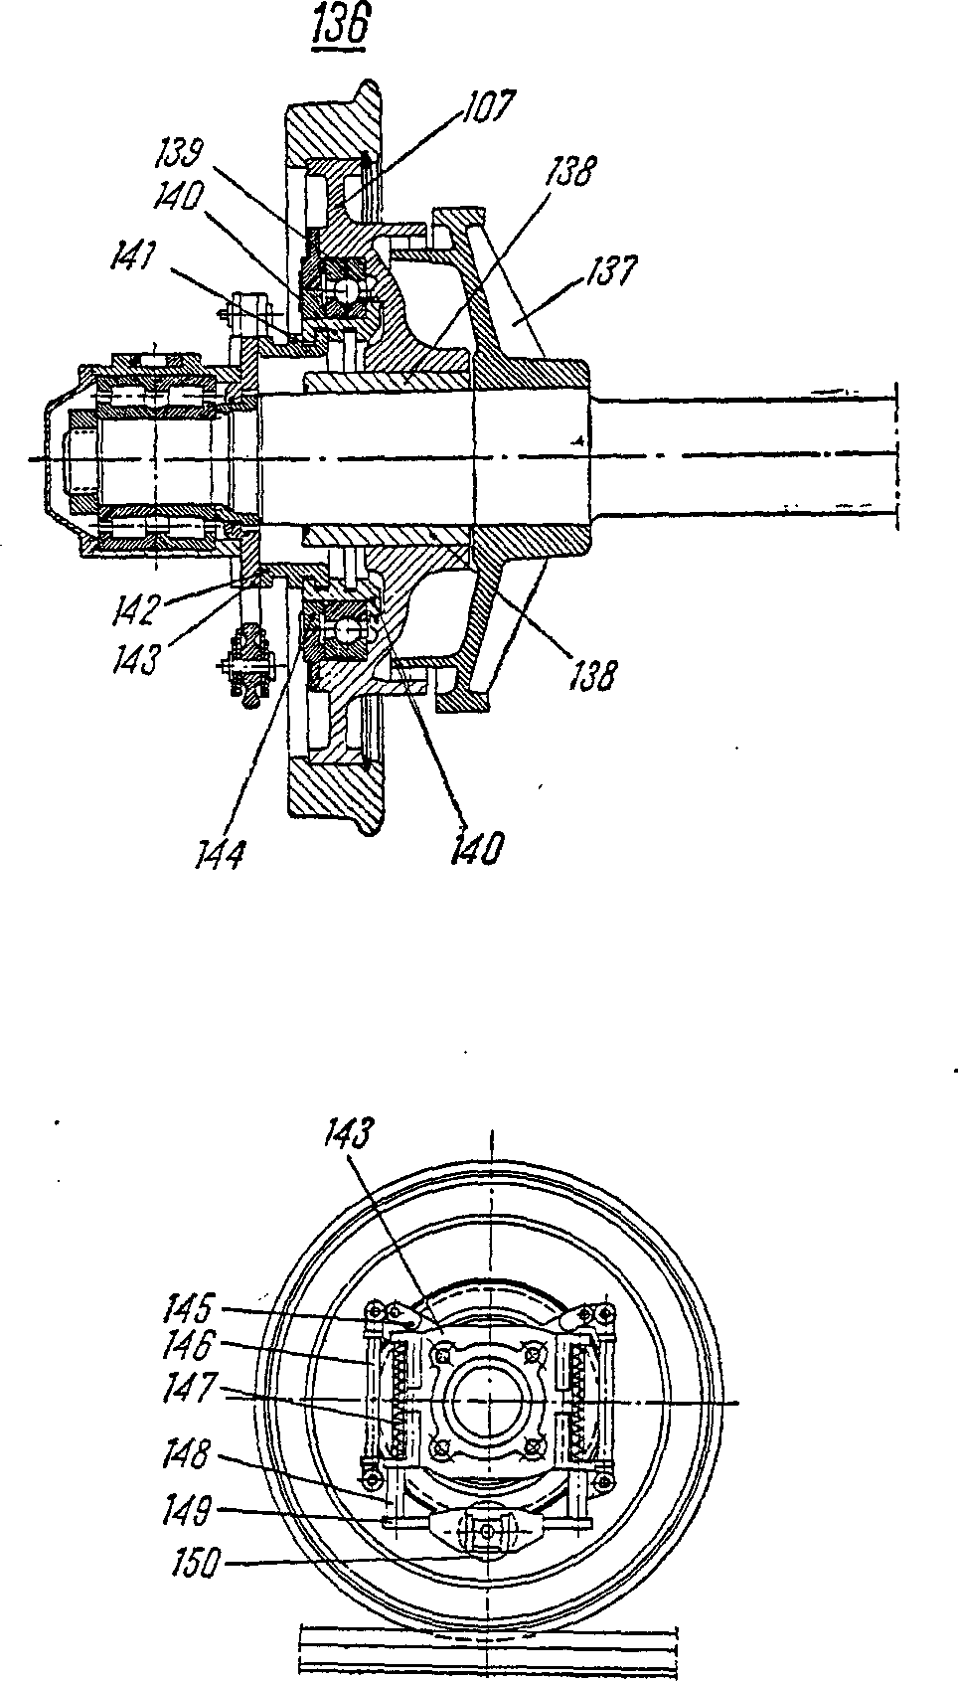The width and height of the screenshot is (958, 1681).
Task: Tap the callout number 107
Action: point(487,107)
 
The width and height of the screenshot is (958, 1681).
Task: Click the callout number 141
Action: point(134,259)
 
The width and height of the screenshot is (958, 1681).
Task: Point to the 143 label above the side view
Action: point(348,1134)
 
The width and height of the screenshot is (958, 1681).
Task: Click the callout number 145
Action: point(189,1309)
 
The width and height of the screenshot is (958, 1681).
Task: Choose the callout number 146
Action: point(189,1346)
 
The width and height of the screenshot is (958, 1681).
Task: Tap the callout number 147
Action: point(189,1386)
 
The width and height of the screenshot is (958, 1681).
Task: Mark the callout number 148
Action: point(189,1454)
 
